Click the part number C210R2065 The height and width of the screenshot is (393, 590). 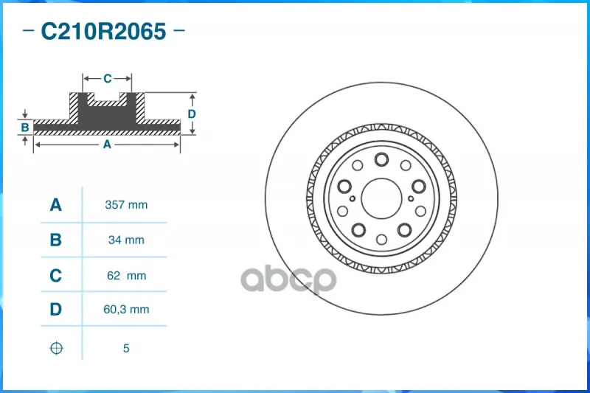pyautogui.click(x=103, y=31)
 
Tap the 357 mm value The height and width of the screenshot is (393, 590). pyautogui.click(x=126, y=205)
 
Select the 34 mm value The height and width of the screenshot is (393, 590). pyautogui.click(x=126, y=240)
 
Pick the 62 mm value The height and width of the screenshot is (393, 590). pyautogui.click(x=126, y=276)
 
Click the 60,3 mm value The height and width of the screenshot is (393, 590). pyautogui.click(x=126, y=310)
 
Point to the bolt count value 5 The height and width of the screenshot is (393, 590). pyautogui.click(x=126, y=348)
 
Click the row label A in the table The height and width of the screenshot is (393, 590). pyautogui.click(x=56, y=205)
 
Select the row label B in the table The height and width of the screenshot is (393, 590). pyautogui.click(x=56, y=240)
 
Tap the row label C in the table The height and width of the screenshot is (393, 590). pyautogui.click(x=56, y=276)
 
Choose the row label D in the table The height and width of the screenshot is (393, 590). pyautogui.click(x=56, y=310)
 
